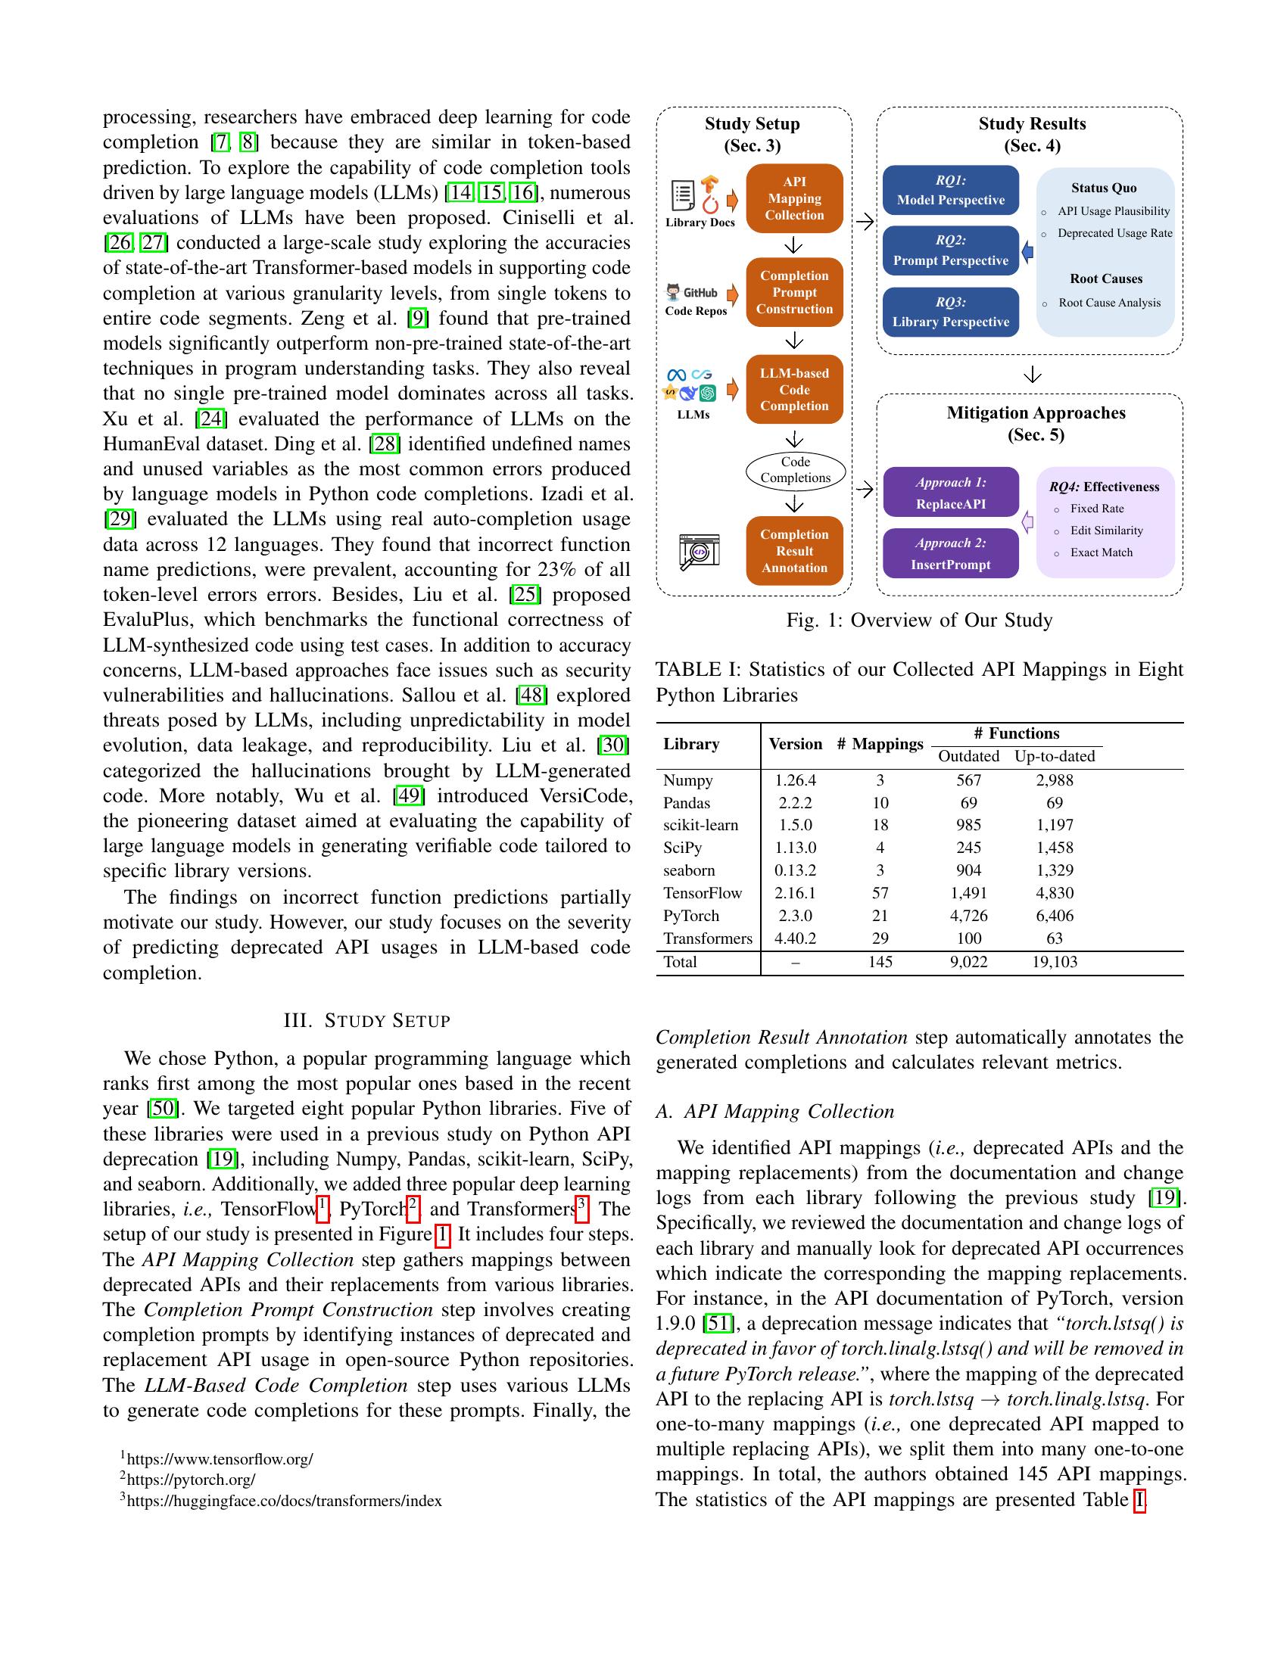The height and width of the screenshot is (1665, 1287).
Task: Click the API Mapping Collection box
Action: coord(793,198)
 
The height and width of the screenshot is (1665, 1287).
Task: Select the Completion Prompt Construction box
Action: coord(793,293)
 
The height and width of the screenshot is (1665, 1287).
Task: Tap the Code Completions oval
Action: coord(794,471)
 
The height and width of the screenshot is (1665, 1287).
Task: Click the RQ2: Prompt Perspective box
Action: coord(950,251)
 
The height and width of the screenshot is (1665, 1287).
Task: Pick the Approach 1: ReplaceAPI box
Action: coord(950,493)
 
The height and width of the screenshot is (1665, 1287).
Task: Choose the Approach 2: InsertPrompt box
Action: coord(950,554)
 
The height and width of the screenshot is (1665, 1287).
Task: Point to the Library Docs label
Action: coord(700,223)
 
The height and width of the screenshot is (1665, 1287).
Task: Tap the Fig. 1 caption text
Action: coord(919,620)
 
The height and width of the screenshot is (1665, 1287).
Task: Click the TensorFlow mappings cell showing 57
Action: coord(880,893)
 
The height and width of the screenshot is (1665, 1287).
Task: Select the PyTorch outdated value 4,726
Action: coord(968,916)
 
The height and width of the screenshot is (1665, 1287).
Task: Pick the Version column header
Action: coord(794,744)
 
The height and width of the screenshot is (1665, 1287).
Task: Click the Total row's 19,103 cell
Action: coord(1054,962)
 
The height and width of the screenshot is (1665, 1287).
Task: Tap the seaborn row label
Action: coord(688,870)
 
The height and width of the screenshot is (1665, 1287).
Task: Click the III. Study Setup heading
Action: coord(366,1020)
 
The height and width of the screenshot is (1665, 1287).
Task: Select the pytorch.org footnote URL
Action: coord(191,1480)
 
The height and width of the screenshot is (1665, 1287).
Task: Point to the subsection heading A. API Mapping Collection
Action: coord(774,1112)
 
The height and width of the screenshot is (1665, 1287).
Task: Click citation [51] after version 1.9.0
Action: coord(718,1324)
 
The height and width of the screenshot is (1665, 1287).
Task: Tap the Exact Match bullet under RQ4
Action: coord(1100,552)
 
